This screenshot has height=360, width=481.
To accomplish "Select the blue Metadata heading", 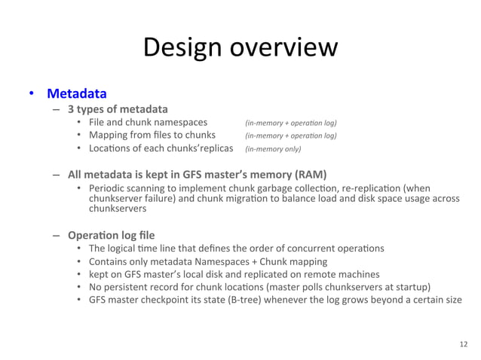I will pyautogui.click(x=76, y=94).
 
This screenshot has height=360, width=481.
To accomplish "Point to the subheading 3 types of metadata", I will pyautogui.click(x=118, y=108).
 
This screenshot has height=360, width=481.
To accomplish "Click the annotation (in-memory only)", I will pyautogui.click(x=273, y=149).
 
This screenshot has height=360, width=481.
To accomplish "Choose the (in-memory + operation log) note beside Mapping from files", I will pyautogui.click(x=290, y=136).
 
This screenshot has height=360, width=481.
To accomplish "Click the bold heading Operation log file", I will pyautogui.click(x=111, y=234).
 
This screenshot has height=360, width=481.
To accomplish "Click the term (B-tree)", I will pyautogui.click(x=235, y=299).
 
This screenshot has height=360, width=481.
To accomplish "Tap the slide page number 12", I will pyautogui.click(x=463, y=343).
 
